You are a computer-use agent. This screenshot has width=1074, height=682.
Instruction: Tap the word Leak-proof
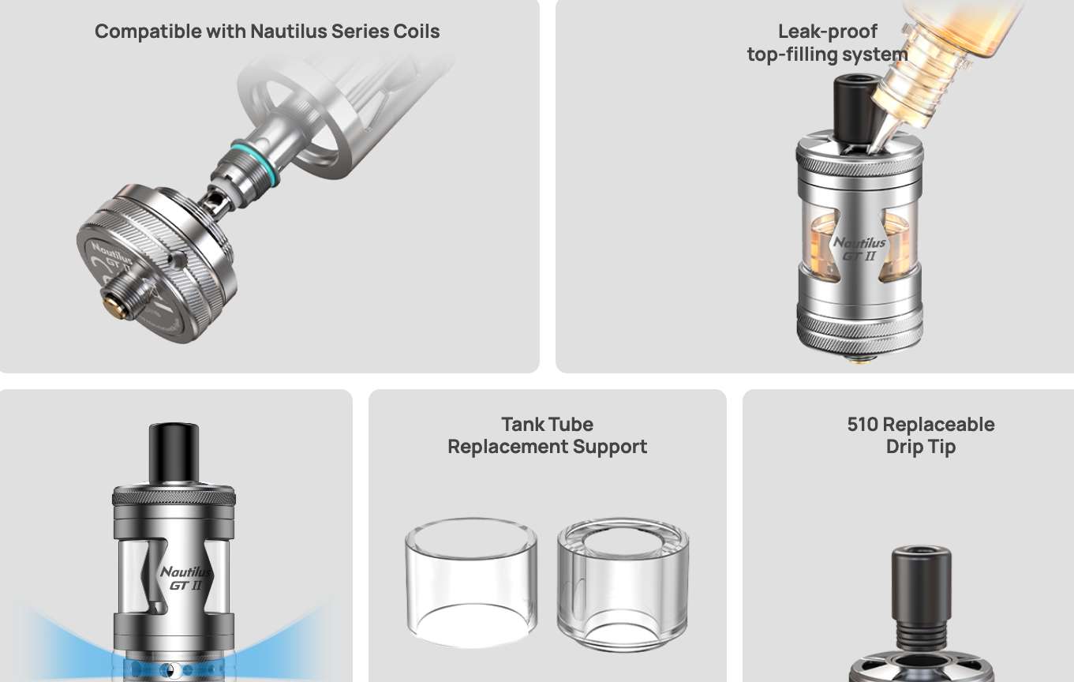(827, 32)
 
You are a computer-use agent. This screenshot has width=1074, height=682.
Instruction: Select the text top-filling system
(827, 54)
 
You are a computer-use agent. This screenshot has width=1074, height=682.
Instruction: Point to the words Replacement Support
(547, 447)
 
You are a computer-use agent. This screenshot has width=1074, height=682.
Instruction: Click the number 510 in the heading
(863, 425)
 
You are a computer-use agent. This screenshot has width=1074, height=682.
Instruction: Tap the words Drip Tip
(920, 447)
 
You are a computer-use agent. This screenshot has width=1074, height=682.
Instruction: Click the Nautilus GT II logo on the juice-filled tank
(859, 249)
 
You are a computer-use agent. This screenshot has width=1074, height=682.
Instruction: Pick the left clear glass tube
(471, 582)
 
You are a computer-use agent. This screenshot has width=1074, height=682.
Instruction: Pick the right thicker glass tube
(623, 584)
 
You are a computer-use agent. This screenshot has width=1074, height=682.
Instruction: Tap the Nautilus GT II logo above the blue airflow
(185, 578)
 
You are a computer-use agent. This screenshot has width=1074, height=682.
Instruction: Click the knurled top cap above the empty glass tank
(174, 497)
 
